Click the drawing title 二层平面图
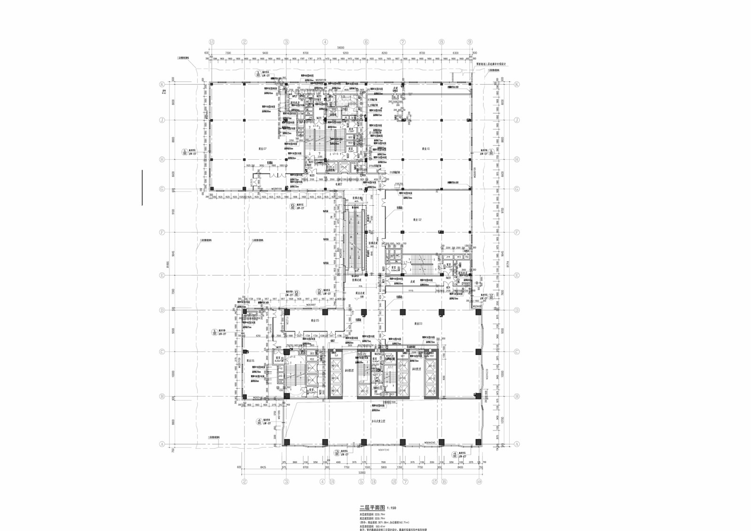pyautogui.click(x=372, y=508)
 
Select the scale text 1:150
pyautogui.click(x=391, y=508)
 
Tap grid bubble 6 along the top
pyautogui.click(x=366, y=42)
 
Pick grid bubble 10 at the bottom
pyautogui.click(x=478, y=481)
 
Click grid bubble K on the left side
pyautogui.click(x=162, y=85)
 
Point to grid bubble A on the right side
pyautogui.click(x=517, y=444)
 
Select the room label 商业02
pyautogui.click(x=418, y=219)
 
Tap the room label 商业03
pyautogui.click(x=418, y=324)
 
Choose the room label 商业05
pyautogui.click(x=314, y=320)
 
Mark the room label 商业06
pyautogui.click(x=250, y=361)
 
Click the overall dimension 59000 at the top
pyautogui.click(x=340, y=47)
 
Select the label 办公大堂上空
pyautogui.click(x=378, y=422)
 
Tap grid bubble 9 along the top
pyautogui.click(x=469, y=42)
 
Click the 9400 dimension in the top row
pyautogui.click(x=265, y=53)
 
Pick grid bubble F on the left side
pyautogui.click(x=162, y=232)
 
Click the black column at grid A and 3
pyautogui.click(x=286, y=442)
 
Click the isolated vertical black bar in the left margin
pyautogui.click(x=142, y=187)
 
